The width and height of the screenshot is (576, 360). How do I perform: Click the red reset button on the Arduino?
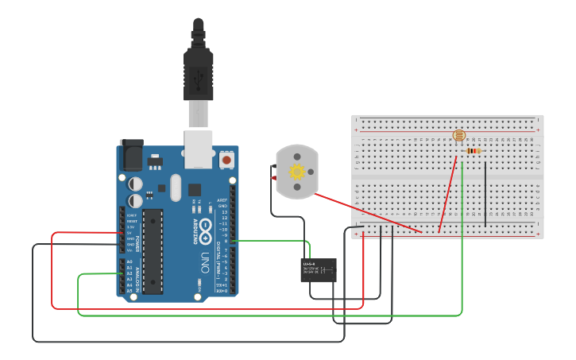point(227,160)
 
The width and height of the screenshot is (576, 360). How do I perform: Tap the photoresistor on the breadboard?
point(458,136)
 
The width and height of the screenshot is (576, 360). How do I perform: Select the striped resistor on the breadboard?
point(474,150)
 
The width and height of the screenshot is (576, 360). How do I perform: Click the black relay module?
point(319,270)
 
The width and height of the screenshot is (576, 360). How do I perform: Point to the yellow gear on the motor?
point(297,172)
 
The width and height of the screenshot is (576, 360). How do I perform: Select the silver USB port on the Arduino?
point(199,149)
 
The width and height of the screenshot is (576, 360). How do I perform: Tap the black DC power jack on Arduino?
point(131,155)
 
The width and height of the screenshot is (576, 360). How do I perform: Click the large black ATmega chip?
point(153,250)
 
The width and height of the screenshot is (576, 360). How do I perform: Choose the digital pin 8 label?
point(225,241)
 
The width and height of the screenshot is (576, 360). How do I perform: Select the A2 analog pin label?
point(130,273)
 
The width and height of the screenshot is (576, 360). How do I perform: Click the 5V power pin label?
point(130,233)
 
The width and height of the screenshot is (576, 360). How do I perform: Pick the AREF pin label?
point(222,200)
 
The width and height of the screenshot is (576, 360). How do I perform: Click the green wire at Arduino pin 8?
point(270,240)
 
